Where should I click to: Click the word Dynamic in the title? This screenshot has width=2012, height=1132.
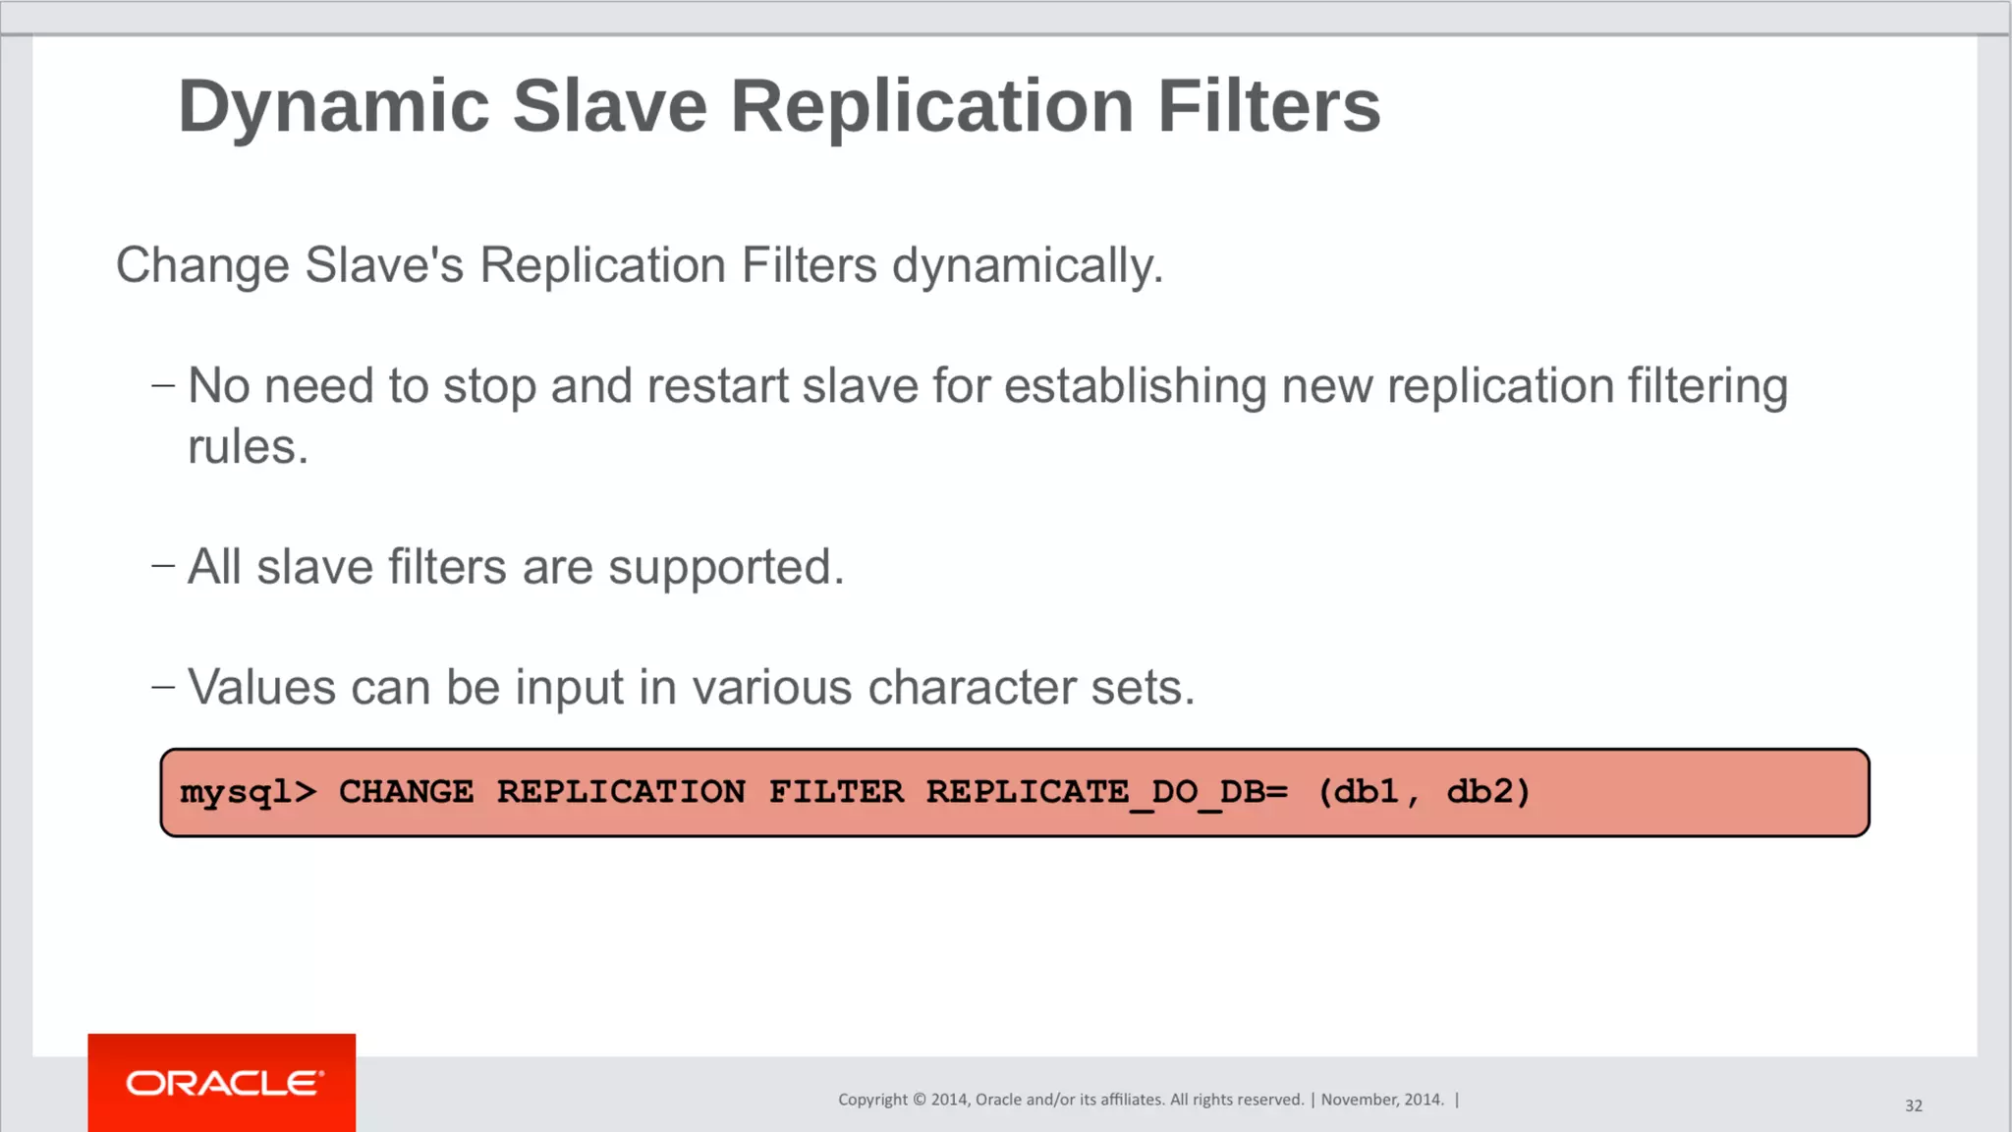click(333, 106)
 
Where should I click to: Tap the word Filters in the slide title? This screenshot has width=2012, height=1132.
click(1268, 106)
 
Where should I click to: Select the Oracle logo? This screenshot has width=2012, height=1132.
click(223, 1083)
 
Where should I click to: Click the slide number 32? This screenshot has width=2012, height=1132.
click(1913, 1105)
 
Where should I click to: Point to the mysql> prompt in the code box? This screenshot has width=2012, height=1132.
click(248, 792)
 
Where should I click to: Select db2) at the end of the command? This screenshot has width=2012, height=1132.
click(1488, 792)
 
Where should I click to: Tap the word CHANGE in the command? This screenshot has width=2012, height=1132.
click(406, 792)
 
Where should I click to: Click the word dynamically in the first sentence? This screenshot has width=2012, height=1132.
click(1027, 265)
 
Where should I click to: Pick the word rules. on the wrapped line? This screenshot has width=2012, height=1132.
click(248, 447)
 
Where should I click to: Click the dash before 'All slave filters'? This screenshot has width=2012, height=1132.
click(163, 566)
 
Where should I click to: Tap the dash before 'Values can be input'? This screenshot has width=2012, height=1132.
click(163, 687)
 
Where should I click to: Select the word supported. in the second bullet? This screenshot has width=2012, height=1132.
click(726, 567)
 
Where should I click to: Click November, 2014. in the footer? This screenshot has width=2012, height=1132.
click(1382, 1100)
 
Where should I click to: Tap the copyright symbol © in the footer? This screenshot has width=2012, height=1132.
click(920, 1100)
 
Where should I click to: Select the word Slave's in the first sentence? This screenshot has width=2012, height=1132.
click(383, 265)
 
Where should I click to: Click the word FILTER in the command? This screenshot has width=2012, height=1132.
click(835, 792)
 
